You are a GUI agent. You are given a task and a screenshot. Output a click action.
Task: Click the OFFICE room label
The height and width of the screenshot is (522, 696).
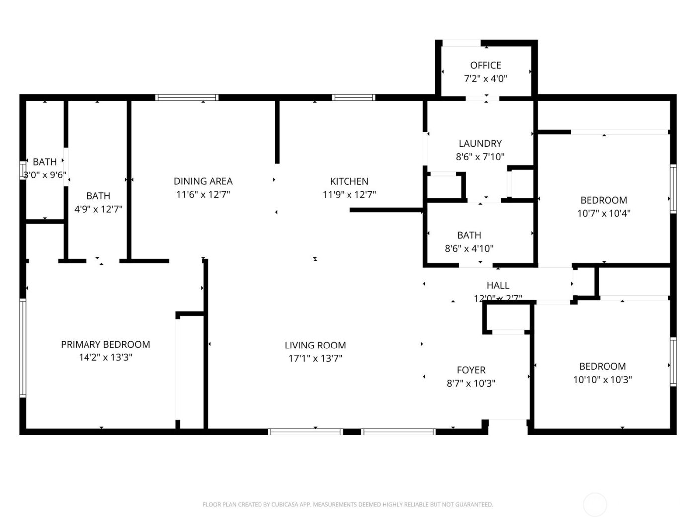pyautogui.click(x=485, y=65)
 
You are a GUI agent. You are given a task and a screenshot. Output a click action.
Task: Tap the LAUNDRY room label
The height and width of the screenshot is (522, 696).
pyautogui.click(x=480, y=144)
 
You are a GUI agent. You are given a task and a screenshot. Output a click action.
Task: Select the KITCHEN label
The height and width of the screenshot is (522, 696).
pyautogui.click(x=349, y=181)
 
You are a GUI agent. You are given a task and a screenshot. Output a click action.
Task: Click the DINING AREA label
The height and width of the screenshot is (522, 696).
pyautogui.click(x=203, y=181)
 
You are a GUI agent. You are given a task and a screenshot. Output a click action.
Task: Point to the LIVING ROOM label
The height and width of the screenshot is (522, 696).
pyautogui.click(x=315, y=345)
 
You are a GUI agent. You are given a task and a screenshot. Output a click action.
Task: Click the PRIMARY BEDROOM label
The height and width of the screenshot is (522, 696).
pyautogui.click(x=105, y=344)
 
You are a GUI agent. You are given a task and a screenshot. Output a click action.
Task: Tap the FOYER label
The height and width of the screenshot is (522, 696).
pyautogui.click(x=471, y=370)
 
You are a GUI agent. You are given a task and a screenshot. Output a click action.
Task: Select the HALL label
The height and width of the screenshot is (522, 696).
pyautogui.click(x=498, y=285)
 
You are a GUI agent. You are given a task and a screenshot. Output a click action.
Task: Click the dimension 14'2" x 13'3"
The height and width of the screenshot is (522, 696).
pyautogui.click(x=105, y=357)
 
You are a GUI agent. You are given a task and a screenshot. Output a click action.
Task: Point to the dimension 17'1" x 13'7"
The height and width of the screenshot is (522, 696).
pyautogui.click(x=315, y=358)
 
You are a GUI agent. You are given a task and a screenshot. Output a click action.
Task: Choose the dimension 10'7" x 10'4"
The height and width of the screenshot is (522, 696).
pyautogui.click(x=604, y=214)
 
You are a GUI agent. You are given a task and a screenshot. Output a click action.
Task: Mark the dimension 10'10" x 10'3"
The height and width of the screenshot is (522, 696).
pyautogui.click(x=602, y=380)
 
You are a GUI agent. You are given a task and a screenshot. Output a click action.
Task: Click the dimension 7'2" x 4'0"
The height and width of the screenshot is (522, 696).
pyautogui.click(x=485, y=79)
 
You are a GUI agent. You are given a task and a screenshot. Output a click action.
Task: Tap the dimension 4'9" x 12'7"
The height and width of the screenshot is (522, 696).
pyautogui.click(x=98, y=209)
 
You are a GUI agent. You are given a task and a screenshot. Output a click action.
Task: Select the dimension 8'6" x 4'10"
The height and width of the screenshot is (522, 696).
pyautogui.click(x=469, y=248)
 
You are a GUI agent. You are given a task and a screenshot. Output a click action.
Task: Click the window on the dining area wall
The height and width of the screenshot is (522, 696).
pyautogui.click(x=186, y=98)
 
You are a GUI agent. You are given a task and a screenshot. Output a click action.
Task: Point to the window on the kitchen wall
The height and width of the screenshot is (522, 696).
pyautogui.click(x=353, y=98)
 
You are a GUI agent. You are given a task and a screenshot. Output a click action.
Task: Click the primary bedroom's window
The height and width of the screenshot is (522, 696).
pyautogui.click(x=23, y=348)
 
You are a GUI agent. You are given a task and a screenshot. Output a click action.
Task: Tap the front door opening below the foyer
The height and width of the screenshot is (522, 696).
pyautogui.click(x=508, y=422)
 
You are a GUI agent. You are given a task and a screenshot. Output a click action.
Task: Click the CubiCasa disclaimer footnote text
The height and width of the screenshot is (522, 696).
pyautogui.click(x=348, y=505)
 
